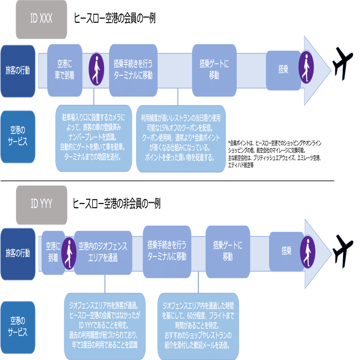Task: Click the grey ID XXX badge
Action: point(41,19)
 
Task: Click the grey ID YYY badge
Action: point(42,205)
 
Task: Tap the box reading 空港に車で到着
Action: point(65,70)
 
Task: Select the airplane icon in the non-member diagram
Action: point(343,251)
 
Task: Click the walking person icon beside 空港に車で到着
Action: point(96,69)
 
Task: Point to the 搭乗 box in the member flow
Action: point(283,70)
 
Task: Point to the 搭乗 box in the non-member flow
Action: point(286,252)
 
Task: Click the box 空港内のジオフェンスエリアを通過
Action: point(103,253)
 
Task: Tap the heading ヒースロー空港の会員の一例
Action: point(115,18)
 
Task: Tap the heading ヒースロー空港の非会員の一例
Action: point(116,204)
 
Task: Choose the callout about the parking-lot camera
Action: point(94,138)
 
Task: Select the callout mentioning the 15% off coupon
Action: point(181,139)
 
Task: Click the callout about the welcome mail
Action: point(198,326)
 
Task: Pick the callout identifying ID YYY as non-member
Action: point(105,326)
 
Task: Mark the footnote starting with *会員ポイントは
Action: point(275,154)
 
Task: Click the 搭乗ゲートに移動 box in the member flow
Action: point(214,70)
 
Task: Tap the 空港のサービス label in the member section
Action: point(18,137)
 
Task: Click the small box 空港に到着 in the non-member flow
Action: point(53,253)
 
